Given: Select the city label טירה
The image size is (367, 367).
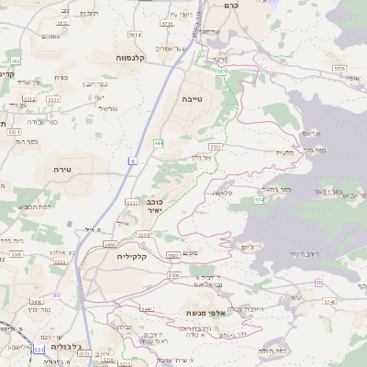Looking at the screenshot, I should [x=61, y=171].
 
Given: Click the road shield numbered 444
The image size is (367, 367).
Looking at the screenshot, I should [x=159, y=142].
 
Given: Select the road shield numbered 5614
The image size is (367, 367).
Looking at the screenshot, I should [x=135, y=35].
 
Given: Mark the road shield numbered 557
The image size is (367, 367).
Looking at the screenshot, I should [x=221, y=71].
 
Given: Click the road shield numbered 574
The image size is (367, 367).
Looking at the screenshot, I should [x=259, y=198].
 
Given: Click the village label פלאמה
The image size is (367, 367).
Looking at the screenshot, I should [x=221, y=194].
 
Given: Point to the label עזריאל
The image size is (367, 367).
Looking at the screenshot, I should [x=107, y=106].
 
